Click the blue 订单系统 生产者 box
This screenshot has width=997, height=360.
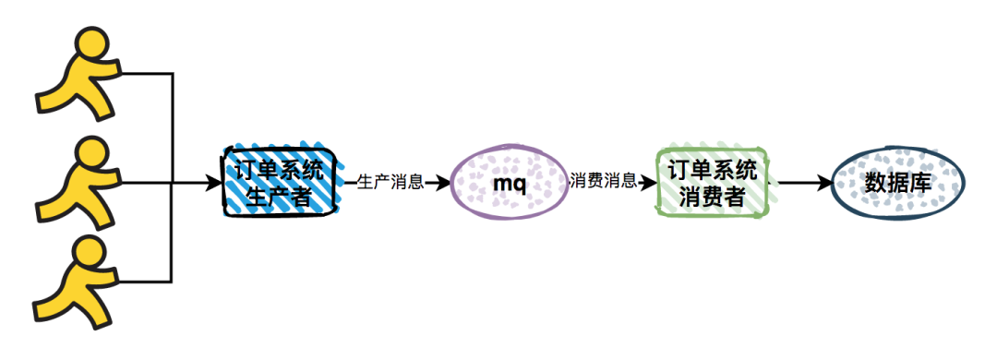pyautogui.click(x=279, y=182)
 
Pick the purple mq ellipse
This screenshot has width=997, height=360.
pyautogui.click(x=509, y=183)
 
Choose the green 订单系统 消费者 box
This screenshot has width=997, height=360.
pyautogui.click(x=712, y=182)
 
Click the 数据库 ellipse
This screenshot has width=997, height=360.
pyautogui.click(x=897, y=183)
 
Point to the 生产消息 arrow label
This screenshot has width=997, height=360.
pyautogui.click(x=390, y=182)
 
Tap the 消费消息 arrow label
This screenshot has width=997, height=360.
pyautogui.click(x=604, y=182)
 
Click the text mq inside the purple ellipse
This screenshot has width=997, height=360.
pyautogui.click(x=509, y=183)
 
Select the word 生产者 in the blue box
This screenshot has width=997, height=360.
pyautogui.click(x=280, y=196)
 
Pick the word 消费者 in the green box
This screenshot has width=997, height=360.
pyautogui.click(x=712, y=196)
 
